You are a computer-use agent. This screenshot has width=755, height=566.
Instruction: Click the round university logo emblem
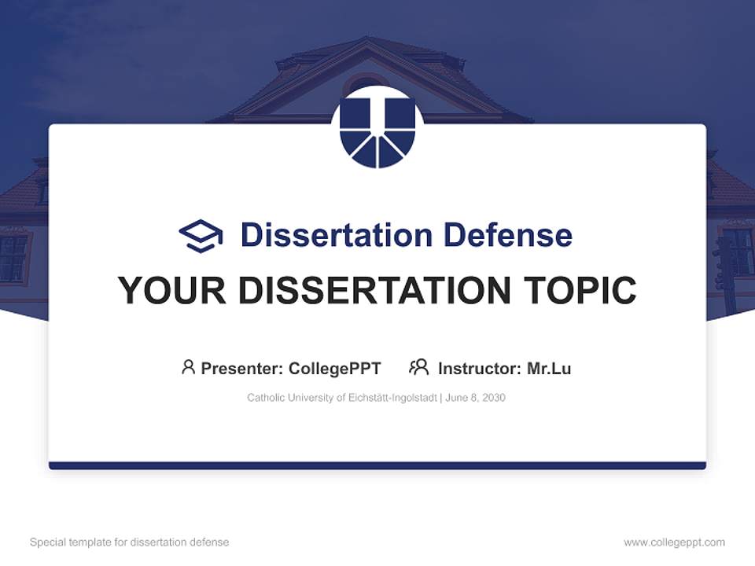(x=377, y=127)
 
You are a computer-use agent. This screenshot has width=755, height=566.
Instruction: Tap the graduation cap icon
(x=201, y=235)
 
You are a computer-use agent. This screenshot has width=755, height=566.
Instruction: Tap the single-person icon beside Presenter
(x=188, y=367)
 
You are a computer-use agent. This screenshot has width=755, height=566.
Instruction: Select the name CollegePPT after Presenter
(x=335, y=368)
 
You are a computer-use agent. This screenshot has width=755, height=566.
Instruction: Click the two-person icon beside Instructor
(x=418, y=367)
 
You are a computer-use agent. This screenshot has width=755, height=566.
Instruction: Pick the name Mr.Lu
(x=549, y=368)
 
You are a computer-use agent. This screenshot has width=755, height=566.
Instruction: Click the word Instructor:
(x=479, y=368)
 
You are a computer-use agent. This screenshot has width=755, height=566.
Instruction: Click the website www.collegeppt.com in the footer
(x=674, y=542)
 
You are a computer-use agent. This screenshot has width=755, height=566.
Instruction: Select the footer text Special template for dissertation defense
(x=130, y=542)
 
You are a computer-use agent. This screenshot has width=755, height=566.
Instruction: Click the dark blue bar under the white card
(x=377, y=465)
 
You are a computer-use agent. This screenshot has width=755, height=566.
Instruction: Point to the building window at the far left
(x=13, y=257)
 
